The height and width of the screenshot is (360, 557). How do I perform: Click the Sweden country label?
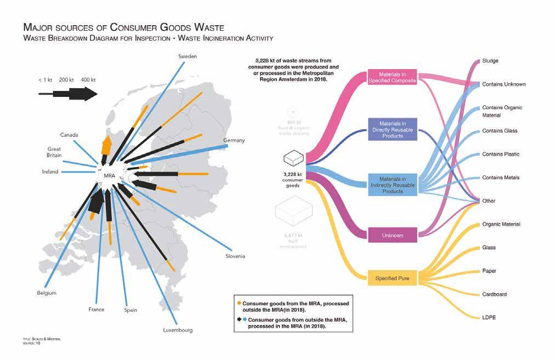[x=187, y=56]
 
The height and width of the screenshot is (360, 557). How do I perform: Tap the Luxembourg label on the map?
[x=178, y=330]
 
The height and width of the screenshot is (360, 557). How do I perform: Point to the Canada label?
[x=69, y=135]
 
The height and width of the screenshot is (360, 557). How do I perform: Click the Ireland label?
[x=50, y=172]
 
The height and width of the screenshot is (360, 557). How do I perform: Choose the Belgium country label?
[x=47, y=293]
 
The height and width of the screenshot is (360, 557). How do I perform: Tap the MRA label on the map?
[x=110, y=176]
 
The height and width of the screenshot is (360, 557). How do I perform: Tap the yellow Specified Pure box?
[x=390, y=278]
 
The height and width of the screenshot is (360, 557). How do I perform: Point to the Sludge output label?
[x=490, y=61]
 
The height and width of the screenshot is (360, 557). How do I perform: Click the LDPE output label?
[x=490, y=318]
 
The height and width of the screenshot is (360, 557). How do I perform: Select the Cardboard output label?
[x=495, y=294]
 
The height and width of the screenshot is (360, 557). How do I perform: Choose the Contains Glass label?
[x=499, y=131]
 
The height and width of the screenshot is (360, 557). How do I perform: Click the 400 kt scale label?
[x=88, y=80]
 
